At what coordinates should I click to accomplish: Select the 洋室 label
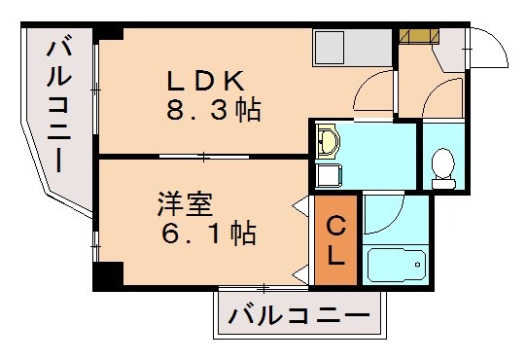186,206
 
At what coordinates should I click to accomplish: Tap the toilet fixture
443,168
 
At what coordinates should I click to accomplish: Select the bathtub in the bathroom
397,265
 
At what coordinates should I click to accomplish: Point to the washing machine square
329,175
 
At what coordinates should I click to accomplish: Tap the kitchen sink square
326,45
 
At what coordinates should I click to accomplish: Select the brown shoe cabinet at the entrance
420,37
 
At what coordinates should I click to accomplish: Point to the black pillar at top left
108,34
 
